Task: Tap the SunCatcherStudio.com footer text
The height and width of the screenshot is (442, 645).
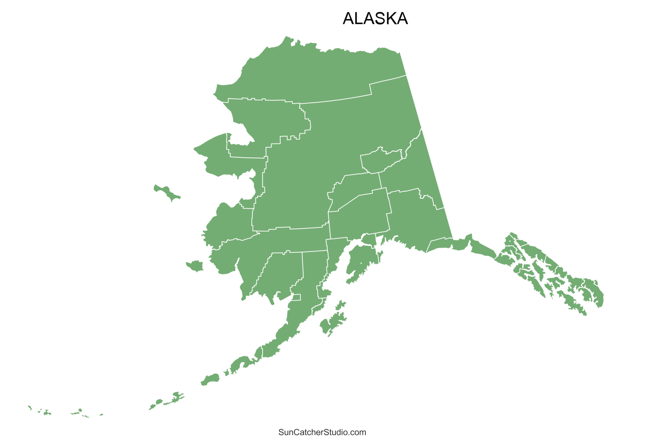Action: pos(322,432)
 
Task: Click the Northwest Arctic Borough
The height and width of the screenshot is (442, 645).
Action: pos(269,120)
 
